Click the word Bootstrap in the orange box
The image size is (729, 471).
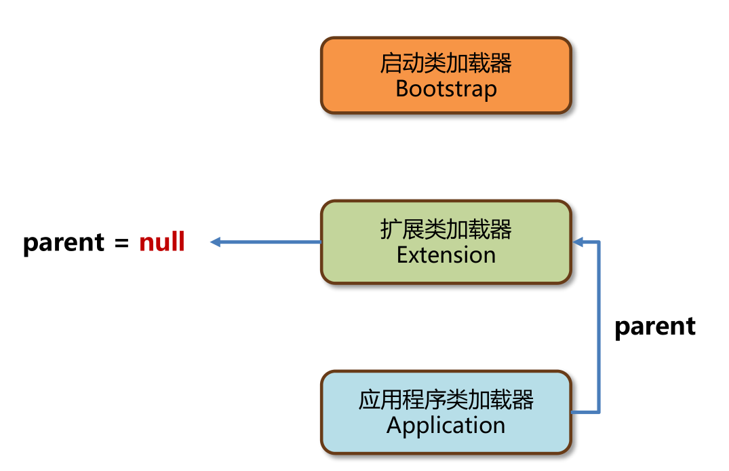(446, 89)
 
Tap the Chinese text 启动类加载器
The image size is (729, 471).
(446, 64)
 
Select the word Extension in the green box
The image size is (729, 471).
(446, 255)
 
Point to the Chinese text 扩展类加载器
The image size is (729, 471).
(446, 230)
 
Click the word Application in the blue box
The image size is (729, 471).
(446, 426)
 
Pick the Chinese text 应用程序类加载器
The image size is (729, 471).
(446, 400)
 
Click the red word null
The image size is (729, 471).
(162, 242)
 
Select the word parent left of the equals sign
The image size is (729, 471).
(64, 244)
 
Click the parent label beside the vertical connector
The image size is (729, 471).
(654, 326)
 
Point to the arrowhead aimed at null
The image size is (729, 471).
(215, 242)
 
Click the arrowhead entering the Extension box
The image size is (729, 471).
(578, 242)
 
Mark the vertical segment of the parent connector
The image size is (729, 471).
(599, 326)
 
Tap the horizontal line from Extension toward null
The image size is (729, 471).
(271, 242)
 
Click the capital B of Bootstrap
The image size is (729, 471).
(402, 89)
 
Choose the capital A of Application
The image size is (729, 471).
(395, 426)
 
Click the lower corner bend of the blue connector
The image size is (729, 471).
(599, 412)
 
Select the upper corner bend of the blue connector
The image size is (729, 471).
(599, 242)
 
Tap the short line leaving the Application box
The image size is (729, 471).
(585, 412)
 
